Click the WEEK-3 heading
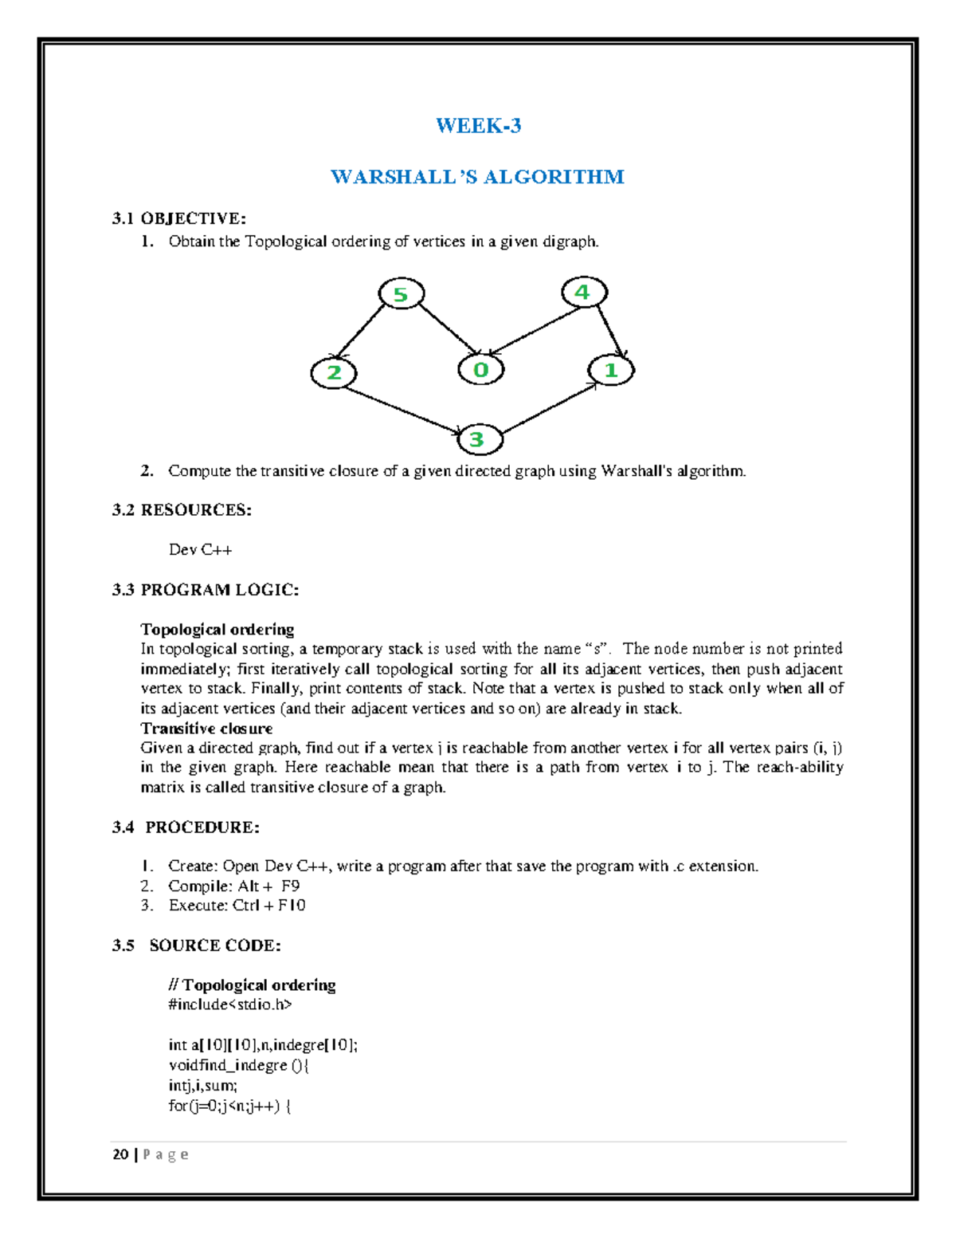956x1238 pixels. (x=478, y=126)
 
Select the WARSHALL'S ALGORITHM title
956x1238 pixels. (x=477, y=177)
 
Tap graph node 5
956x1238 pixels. (x=401, y=295)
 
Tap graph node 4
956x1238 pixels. (x=583, y=293)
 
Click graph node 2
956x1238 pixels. (x=334, y=372)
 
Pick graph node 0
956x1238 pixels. (x=480, y=370)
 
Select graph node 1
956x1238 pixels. (x=611, y=370)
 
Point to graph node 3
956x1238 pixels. (x=477, y=439)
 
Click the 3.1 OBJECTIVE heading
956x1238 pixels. (x=179, y=218)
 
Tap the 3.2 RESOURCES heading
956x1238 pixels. (x=182, y=510)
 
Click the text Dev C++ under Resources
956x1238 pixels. (x=200, y=550)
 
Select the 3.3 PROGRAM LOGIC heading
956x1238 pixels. (x=206, y=590)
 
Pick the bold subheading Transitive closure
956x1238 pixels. (x=206, y=729)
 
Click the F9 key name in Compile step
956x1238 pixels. (x=290, y=886)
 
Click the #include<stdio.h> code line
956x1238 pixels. (x=230, y=1004)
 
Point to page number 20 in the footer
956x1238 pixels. (x=121, y=1154)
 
